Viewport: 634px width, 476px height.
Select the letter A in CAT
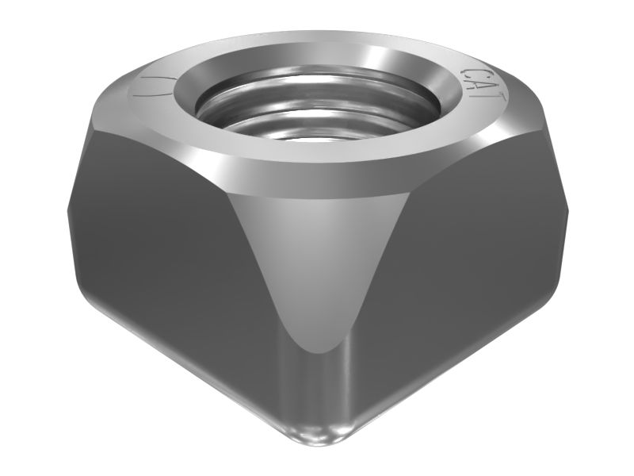[x=484, y=86]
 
